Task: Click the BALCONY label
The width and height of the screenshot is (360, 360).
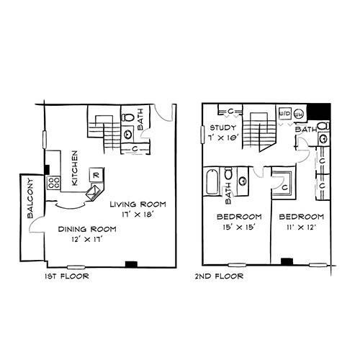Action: coord(30,198)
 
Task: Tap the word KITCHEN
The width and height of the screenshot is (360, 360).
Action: coord(75,168)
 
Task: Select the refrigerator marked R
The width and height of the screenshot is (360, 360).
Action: coord(96,175)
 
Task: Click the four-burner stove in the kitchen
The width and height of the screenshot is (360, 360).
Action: coord(54,183)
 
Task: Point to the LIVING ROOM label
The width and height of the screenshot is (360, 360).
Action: coord(138,204)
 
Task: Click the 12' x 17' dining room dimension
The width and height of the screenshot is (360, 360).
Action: coord(87,239)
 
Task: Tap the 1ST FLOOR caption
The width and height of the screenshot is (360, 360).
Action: coord(67,276)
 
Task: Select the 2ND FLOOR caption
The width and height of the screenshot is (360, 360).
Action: coord(219,276)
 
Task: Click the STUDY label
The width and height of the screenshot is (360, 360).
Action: coord(223,127)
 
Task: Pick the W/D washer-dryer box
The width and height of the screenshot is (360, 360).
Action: coord(285,113)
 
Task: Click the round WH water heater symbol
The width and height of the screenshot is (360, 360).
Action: coord(299,114)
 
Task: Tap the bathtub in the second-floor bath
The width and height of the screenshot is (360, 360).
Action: coord(212,181)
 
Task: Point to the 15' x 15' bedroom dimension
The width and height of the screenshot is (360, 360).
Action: coord(238,227)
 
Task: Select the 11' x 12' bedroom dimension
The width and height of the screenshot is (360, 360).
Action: coord(301,227)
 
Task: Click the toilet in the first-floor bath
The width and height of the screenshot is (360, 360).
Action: coord(127,117)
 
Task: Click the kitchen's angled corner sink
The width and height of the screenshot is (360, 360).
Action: coord(95,192)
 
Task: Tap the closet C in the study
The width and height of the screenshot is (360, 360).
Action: coord(230,111)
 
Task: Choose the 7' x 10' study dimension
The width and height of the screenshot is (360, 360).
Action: coord(223,138)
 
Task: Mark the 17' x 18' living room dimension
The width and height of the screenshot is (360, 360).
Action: coord(138,214)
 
